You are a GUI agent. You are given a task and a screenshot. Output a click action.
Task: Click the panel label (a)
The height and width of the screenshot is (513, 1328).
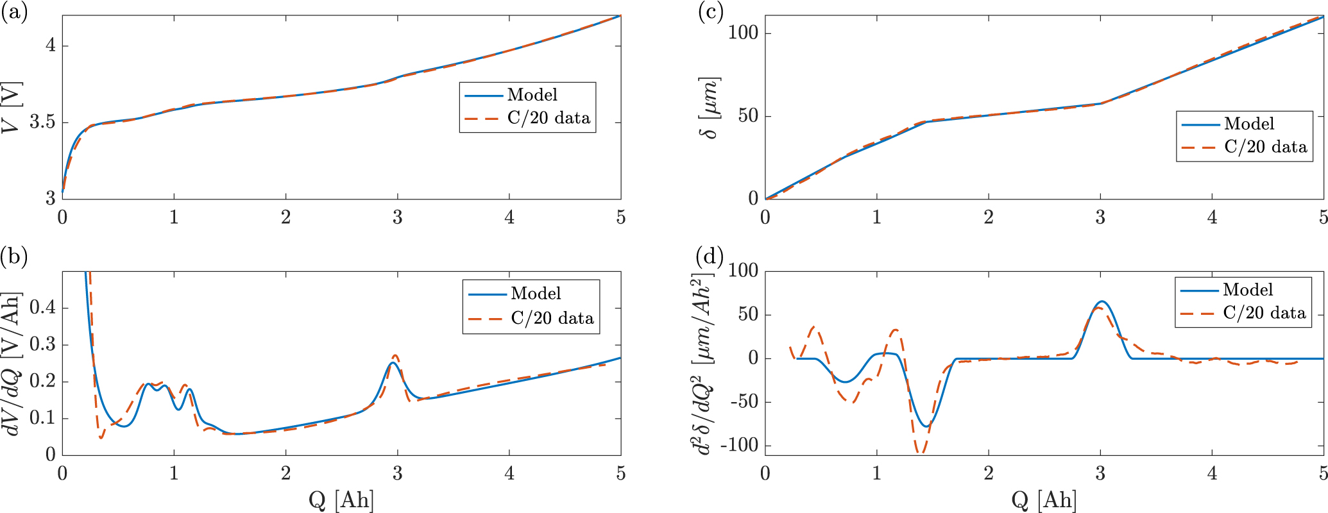(x=14, y=13)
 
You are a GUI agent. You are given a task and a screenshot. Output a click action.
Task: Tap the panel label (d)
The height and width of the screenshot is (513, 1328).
(x=710, y=256)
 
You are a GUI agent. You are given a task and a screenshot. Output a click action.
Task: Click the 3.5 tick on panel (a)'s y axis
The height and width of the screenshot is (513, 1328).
(x=42, y=122)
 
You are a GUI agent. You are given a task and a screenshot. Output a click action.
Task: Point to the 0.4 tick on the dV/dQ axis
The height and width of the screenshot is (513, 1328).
(x=42, y=308)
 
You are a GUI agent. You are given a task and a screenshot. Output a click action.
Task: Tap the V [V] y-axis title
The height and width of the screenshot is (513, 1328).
(x=12, y=108)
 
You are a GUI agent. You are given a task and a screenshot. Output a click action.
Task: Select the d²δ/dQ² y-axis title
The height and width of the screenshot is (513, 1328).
(x=704, y=364)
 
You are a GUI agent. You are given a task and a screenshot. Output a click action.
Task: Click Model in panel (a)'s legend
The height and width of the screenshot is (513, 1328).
(x=532, y=95)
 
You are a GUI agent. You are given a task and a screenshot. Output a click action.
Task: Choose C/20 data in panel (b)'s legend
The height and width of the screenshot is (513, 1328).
(x=552, y=318)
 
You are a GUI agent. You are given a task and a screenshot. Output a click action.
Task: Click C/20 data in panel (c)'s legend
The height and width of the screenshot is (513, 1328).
(x=1265, y=147)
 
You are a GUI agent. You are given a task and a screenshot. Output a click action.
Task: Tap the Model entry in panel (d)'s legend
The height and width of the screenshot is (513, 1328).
(x=1247, y=290)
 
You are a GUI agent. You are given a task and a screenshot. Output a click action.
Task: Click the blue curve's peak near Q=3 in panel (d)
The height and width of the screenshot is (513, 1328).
(x=1102, y=301)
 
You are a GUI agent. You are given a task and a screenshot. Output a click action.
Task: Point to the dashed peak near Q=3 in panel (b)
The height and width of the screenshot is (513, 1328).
(x=395, y=355)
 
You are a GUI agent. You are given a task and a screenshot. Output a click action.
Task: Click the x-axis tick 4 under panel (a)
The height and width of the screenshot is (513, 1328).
(x=509, y=217)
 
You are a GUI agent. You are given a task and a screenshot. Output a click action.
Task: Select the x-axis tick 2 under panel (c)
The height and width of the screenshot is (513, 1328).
(x=989, y=217)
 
